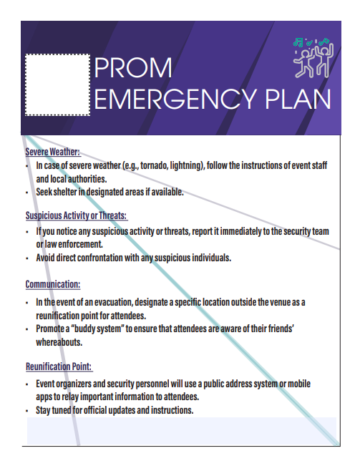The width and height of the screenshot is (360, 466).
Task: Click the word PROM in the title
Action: [134, 68]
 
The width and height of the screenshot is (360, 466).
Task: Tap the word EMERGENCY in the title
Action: [175, 99]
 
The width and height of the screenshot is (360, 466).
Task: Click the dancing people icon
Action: [313, 57]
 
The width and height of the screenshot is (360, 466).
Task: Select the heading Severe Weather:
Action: [52, 152]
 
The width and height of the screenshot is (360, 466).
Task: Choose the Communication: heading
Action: [52, 284]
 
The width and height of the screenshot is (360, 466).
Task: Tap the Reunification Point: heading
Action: [59, 367]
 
